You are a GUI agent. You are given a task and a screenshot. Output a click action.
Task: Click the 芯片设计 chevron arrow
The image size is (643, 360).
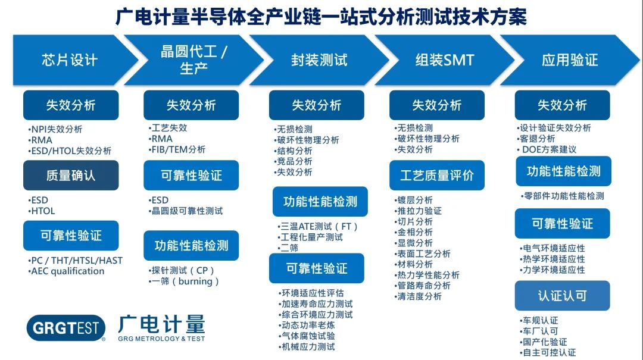coord(70,60)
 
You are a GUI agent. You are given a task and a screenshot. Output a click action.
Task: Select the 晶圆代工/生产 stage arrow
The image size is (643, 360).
coord(193,60)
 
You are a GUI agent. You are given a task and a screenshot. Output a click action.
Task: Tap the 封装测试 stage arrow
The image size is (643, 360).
coord(319,60)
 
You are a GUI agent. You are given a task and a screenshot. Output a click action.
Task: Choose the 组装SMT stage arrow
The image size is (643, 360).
coord(445,60)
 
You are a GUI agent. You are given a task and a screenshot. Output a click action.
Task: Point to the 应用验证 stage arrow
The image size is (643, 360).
coord(570,60)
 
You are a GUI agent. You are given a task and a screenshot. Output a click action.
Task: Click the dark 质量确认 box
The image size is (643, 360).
coord(71,176)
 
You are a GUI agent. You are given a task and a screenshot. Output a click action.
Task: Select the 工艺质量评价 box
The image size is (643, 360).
coord(437,176)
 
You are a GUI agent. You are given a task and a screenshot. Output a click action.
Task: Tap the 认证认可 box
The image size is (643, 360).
coord(562,296)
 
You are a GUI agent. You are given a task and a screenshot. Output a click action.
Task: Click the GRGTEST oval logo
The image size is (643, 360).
coord(66,328)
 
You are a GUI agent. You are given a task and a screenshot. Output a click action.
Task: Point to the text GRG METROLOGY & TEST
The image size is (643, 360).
coord(161,339)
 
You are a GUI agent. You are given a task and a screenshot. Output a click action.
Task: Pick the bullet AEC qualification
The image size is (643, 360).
coord(66,271)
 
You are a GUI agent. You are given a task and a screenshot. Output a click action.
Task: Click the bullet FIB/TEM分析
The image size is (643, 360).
coord(177,150)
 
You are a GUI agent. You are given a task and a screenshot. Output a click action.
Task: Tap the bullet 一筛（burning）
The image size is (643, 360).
coord(184,281)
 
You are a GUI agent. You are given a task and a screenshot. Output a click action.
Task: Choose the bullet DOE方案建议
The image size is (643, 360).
coord(547,150)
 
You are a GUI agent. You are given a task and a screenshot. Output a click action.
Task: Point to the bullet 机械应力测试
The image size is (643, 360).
coord(307,347)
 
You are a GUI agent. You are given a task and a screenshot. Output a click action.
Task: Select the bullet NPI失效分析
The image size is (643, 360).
coord(55,129)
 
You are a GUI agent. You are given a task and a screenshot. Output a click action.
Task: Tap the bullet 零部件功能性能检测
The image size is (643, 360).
coord(563,196)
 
